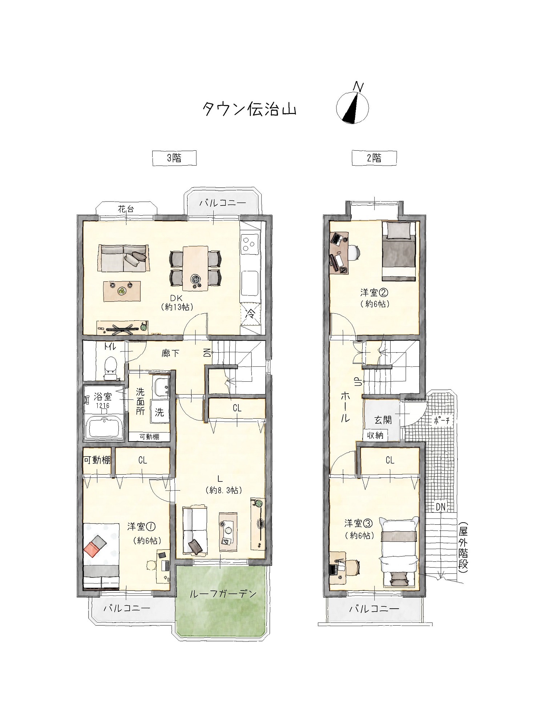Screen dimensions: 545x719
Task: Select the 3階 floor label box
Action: (174, 158)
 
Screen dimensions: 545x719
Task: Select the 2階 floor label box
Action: (374, 158)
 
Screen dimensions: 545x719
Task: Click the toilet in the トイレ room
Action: (109, 367)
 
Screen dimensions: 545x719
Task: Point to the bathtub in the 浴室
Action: (105, 427)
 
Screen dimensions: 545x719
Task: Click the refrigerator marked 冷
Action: (251, 313)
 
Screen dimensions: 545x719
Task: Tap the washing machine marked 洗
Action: (160, 412)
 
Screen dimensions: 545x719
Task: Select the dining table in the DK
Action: (195, 268)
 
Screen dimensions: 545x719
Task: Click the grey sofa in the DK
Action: (123, 258)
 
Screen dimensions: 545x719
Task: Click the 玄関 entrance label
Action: (383, 420)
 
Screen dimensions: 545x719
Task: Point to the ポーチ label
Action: (442, 421)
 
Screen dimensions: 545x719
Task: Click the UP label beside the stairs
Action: (358, 382)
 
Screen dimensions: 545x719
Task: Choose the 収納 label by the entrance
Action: (375, 435)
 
